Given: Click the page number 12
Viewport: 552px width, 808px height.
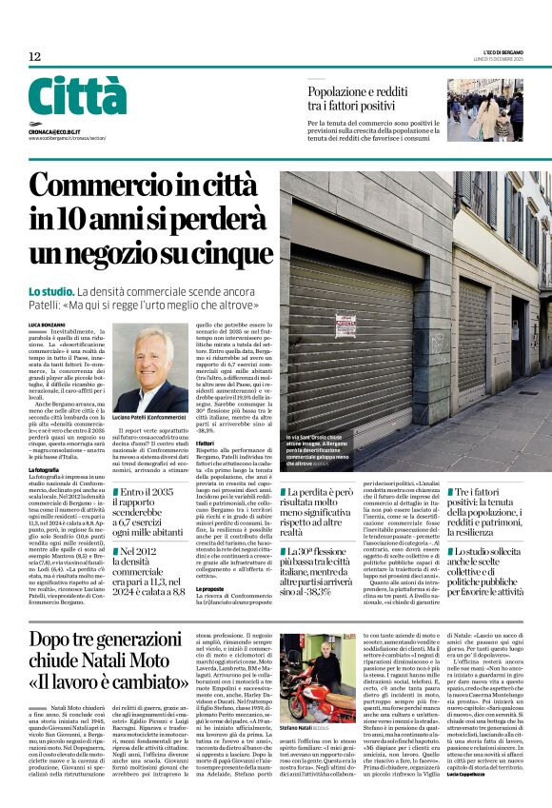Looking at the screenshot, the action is coord(34,57).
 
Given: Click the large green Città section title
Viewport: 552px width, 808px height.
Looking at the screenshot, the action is coord(76,98).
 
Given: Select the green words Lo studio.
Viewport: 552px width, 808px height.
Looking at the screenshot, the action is coord(49,289).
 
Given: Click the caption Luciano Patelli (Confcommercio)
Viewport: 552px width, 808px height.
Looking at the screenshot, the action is coord(151,419).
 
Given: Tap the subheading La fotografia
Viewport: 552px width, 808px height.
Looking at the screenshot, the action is coord(45,470).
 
